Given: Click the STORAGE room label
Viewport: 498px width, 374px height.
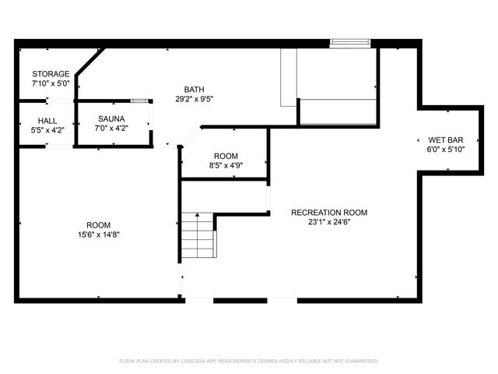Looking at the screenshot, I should point(51,74).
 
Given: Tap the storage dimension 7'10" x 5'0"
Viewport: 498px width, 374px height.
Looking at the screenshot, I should point(51,83).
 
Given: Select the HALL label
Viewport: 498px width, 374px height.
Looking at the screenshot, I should point(48,121).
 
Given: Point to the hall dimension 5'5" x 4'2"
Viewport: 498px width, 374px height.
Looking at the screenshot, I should point(48,129).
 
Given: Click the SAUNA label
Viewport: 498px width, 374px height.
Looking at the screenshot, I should point(112,119).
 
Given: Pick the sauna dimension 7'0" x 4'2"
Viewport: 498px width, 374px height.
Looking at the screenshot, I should point(112,129).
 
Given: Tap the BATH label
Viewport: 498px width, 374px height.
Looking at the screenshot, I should point(195,89).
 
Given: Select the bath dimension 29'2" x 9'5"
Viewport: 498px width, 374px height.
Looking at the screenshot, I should point(195,99).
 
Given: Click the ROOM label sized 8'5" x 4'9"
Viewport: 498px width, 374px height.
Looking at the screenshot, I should point(226,156).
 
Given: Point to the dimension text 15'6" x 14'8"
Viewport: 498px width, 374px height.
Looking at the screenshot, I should point(98,234).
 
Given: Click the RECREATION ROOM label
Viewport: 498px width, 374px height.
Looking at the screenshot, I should point(329,213).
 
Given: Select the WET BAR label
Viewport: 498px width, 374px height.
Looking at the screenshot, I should point(444,140).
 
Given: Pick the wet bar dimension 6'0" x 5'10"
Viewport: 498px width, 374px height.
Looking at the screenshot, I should point(444,150).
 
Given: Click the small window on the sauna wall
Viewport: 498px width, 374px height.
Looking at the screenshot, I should point(139,101).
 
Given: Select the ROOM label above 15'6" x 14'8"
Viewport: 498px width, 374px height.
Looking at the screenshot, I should point(98,224).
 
